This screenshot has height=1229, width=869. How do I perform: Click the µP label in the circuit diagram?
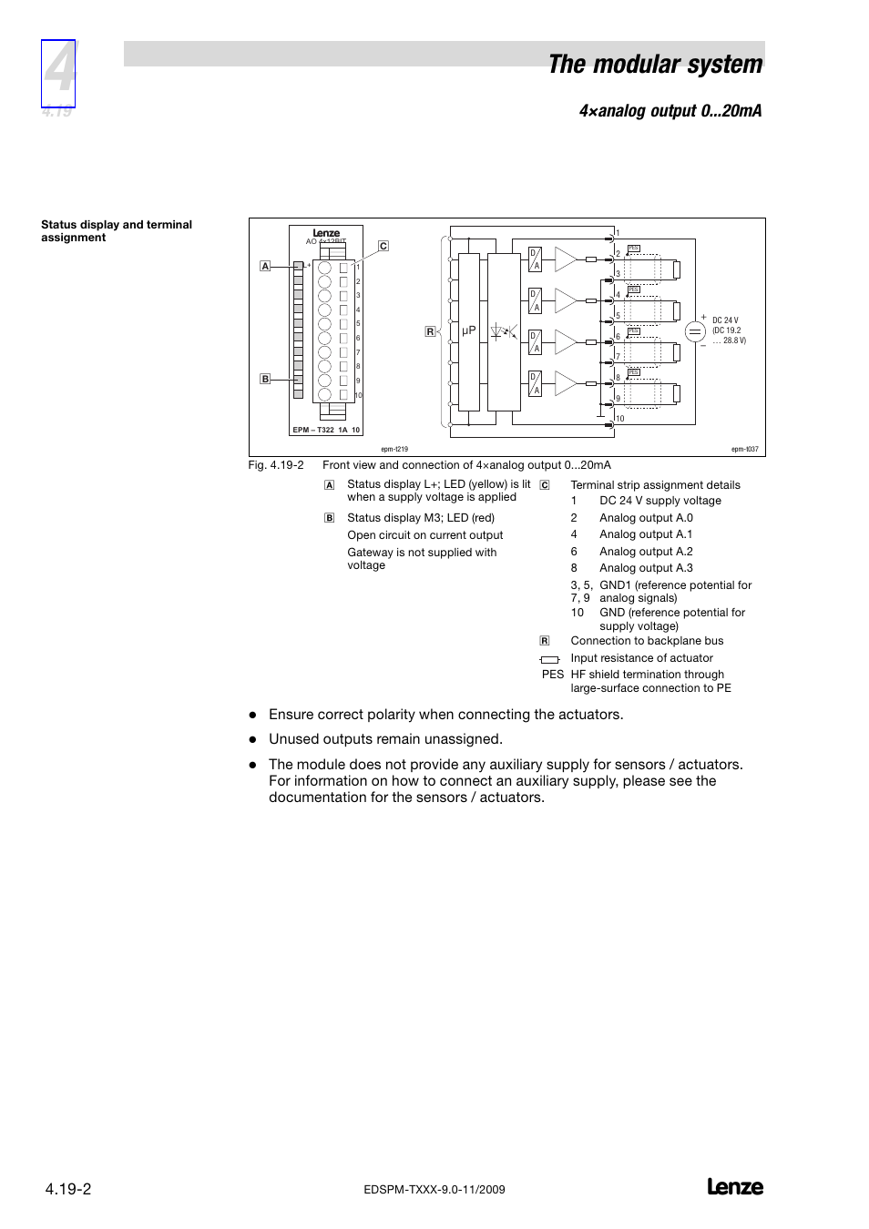pyautogui.click(x=469, y=331)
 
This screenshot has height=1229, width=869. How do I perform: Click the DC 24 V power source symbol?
pyautogui.click(x=695, y=332)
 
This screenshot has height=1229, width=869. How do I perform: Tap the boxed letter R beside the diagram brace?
pyautogui.click(x=430, y=331)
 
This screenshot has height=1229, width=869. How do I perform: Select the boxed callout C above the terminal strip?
pyautogui.click(x=383, y=246)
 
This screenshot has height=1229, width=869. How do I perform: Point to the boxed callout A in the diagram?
pyautogui.click(x=265, y=266)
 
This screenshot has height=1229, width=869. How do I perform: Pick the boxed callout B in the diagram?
pyautogui.click(x=265, y=379)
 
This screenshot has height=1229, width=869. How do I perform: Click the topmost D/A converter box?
pyautogui.click(x=536, y=259)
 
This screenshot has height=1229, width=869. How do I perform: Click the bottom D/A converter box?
pyautogui.click(x=536, y=383)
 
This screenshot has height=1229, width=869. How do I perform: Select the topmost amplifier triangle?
pyautogui.click(x=565, y=259)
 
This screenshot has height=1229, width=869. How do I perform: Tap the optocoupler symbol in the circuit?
pyautogui.click(x=503, y=332)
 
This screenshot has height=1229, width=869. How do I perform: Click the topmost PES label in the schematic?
pyautogui.click(x=634, y=249)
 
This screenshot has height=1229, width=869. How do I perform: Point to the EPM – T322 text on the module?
pyautogui.click(x=313, y=430)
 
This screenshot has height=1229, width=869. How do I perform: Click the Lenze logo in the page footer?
pyautogui.click(x=735, y=1187)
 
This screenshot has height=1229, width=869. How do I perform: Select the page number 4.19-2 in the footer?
pyautogui.click(x=68, y=1189)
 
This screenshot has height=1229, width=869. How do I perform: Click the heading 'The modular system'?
pyautogui.click(x=655, y=65)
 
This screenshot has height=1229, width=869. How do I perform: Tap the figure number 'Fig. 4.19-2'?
pyautogui.click(x=276, y=465)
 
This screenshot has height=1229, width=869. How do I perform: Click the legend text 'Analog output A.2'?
pyautogui.click(x=646, y=552)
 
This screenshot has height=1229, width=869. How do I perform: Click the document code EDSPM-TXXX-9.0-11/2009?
pyautogui.click(x=434, y=1190)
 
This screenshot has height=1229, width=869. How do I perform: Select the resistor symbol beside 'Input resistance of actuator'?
pyautogui.click(x=549, y=659)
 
